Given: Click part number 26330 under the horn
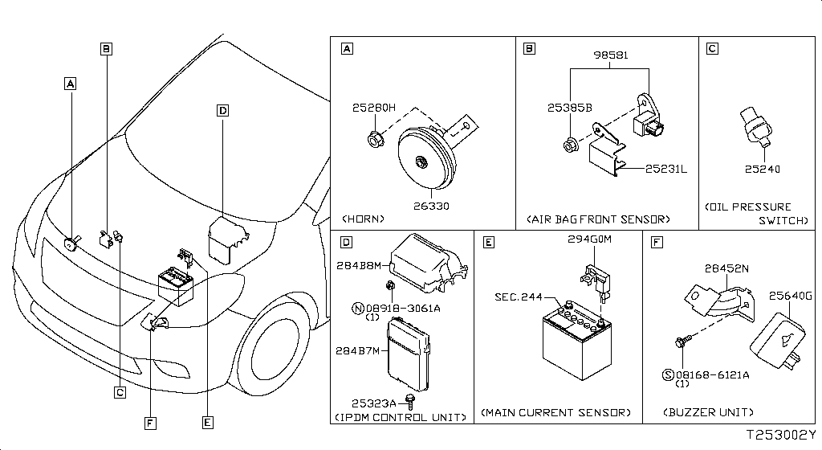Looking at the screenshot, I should [431, 206].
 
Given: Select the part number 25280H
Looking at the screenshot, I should [373, 108].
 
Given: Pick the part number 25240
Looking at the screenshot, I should [762, 170].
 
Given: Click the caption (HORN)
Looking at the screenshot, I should [364, 219].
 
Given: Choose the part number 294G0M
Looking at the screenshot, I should [589, 239].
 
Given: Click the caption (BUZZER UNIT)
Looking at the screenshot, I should [709, 412].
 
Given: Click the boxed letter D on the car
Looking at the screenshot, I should [222, 110].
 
